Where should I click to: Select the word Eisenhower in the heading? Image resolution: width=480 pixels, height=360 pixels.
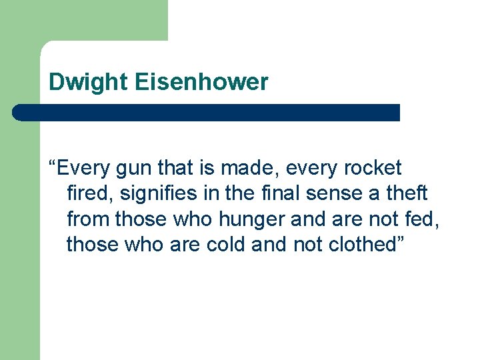201,83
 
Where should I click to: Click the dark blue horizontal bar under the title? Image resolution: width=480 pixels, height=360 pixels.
207,113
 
